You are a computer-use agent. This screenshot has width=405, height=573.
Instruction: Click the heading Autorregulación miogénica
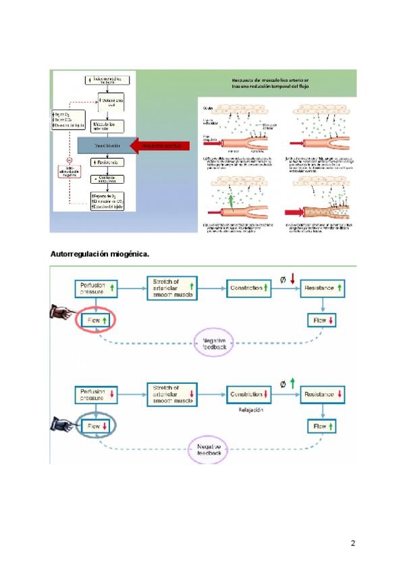coord(100,254)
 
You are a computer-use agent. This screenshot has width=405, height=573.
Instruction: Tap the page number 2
coord(352,543)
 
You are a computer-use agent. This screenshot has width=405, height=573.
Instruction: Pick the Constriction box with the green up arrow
coord(249,288)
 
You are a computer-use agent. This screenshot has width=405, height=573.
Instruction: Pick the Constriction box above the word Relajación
coord(249,394)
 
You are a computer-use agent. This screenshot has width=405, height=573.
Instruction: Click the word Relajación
coord(250,410)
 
